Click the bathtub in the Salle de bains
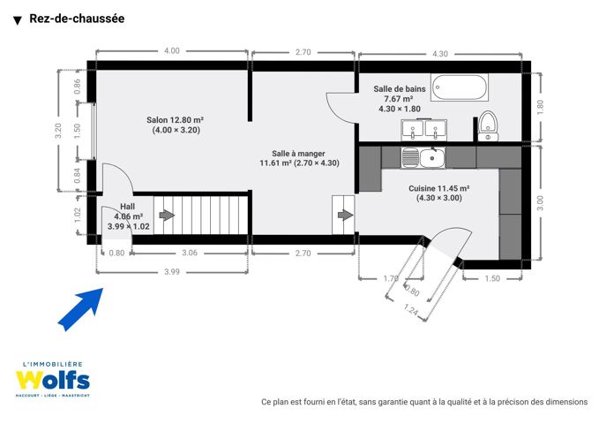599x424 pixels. coord(460,87)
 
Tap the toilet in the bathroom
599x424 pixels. coord(488,125)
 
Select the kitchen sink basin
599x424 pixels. coord(432,158)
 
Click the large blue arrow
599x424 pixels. coord(80,309)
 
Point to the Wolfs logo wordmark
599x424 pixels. coord(53,380)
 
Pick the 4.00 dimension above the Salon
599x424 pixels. coord(171,51)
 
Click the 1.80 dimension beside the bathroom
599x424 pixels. coord(540,107)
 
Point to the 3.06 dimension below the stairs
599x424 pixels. coord(190,253)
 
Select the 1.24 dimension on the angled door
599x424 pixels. coord(411,308)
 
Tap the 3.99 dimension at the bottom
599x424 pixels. coord(171,272)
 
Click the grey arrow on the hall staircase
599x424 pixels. coord(167,215)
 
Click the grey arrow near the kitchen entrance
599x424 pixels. coord(345,215)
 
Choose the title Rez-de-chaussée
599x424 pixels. coord(77,19)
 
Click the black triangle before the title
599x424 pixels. coord(17,20)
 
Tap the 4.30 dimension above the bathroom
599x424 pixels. coord(439,54)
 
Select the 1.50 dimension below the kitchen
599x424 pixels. coord(492,278)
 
